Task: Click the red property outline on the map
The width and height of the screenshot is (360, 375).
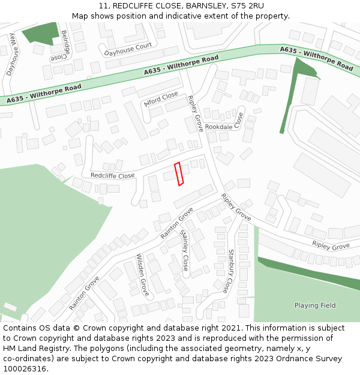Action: [178, 174]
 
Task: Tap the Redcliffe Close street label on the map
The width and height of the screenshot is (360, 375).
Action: [112, 176]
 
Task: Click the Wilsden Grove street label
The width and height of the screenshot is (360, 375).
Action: [142, 275]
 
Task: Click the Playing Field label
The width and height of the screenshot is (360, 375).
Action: [315, 305]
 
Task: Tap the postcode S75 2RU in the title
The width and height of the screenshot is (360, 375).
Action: [247, 5]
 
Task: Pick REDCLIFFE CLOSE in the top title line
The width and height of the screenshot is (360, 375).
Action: [142, 5]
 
